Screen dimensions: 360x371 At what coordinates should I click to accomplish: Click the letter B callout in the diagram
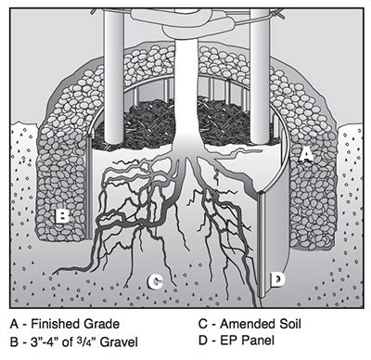[61, 216]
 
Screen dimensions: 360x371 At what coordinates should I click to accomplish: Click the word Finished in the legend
[58, 324]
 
